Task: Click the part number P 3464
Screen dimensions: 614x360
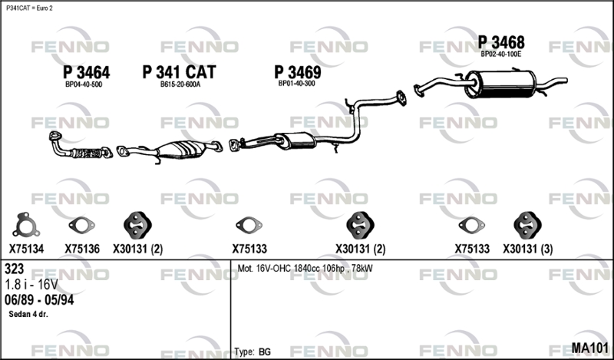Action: tap(87, 72)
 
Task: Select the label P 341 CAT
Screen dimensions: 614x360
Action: tap(179, 72)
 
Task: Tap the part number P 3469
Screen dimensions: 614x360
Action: tap(298, 72)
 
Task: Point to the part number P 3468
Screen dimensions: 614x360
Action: tap(501, 42)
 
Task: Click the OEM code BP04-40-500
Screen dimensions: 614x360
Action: tap(84, 84)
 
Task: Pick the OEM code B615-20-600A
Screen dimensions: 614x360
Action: tap(180, 84)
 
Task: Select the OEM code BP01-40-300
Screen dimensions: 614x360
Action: tap(297, 84)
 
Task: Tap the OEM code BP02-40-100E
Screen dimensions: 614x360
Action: tap(501, 54)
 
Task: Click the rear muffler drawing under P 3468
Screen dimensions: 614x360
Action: tap(500, 84)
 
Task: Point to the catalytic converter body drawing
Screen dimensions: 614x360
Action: tap(182, 149)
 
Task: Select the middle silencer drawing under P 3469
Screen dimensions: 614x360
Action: tap(295, 140)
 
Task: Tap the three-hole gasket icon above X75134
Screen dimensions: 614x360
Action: tap(26, 225)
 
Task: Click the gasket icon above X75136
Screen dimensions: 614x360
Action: tap(81, 225)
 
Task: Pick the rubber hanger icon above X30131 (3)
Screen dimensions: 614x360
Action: tap(527, 225)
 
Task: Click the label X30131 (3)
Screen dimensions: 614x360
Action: tap(528, 249)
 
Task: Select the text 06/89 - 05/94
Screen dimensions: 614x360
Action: tap(39, 300)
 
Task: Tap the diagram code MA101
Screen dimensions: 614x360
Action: tap(590, 348)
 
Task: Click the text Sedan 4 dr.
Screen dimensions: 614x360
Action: tap(28, 314)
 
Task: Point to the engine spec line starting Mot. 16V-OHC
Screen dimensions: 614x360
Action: tap(305, 269)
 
